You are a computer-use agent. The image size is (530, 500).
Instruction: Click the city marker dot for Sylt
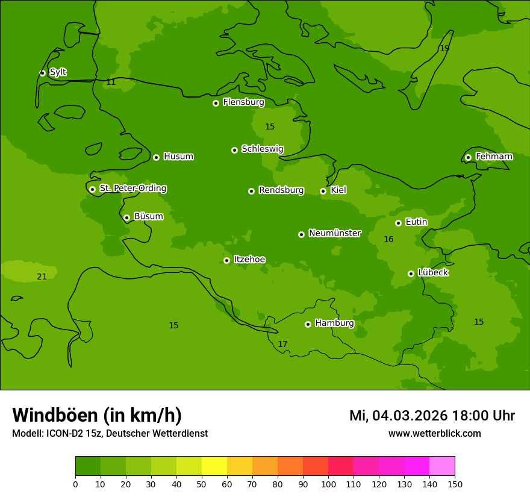[x=42, y=73]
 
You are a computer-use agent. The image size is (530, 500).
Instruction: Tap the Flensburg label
[x=243, y=102]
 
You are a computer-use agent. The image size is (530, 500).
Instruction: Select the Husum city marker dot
[x=156, y=157]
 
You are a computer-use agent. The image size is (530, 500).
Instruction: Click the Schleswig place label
[x=262, y=149]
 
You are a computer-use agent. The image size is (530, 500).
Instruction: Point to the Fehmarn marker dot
[x=468, y=157]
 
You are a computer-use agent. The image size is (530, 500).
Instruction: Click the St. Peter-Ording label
[x=132, y=189]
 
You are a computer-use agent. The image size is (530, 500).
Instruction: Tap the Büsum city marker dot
[x=126, y=217]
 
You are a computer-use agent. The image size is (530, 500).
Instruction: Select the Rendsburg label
[x=281, y=190]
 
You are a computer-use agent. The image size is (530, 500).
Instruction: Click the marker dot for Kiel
[x=323, y=191]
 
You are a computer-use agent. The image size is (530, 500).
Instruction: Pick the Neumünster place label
[x=334, y=233]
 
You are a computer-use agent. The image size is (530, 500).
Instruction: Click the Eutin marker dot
[x=398, y=223]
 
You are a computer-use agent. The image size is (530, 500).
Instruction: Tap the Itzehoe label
[x=249, y=260]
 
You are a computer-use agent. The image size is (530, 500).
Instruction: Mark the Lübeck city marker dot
[x=411, y=273]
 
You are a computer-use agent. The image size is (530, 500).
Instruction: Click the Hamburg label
[x=334, y=323]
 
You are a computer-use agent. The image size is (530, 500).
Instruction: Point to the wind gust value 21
[x=42, y=277]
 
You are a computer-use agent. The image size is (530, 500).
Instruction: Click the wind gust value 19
[x=444, y=48]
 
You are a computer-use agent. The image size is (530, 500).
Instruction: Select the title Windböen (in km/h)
[x=97, y=415]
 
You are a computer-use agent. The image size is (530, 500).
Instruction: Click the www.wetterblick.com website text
[x=434, y=434]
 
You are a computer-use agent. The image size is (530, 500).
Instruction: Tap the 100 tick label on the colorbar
[x=328, y=484]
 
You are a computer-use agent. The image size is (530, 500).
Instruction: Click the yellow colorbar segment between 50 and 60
[x=214, y=466]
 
